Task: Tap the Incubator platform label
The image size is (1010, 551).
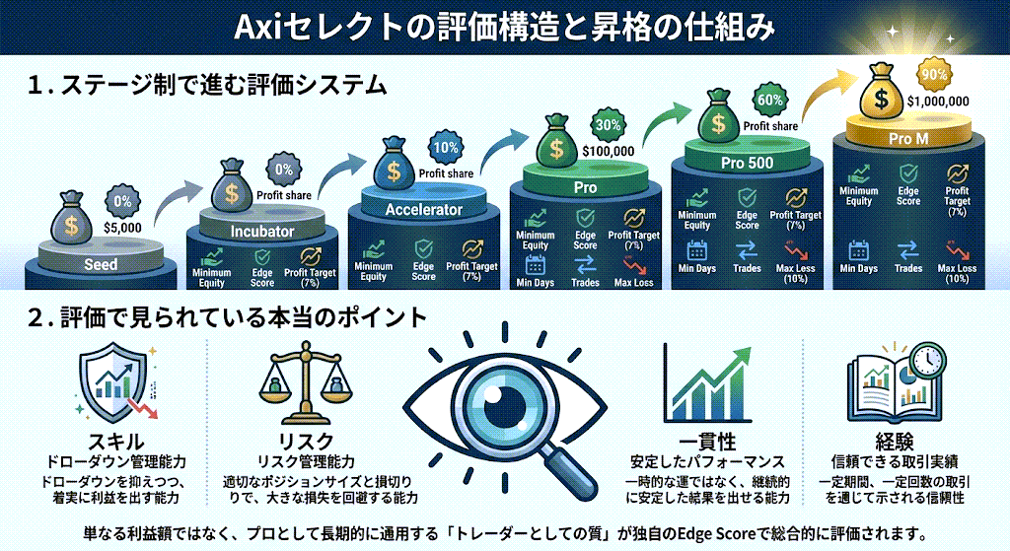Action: [x=262, y=232]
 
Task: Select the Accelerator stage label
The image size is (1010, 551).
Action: [x=424, y=210]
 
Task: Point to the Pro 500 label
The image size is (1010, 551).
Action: [x=747, y=162]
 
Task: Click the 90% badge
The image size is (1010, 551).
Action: [x=929, y=74]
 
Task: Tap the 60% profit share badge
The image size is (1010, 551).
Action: [x=769, y=101]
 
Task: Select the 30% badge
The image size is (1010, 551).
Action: [x=608, y=125]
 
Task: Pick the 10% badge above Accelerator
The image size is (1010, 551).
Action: [x=446, y=148]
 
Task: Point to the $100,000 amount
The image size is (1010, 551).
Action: [x=609, y=151]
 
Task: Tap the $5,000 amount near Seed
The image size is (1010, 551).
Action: [x=123, y=227]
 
